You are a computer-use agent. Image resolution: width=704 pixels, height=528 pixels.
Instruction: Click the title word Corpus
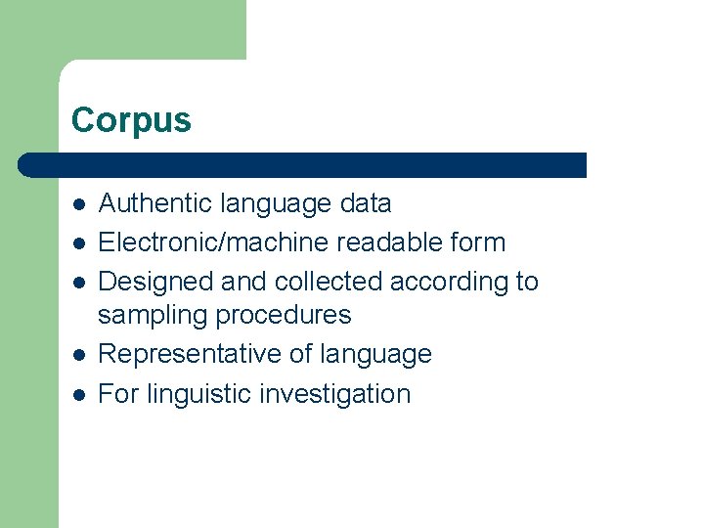(x=131, y=120)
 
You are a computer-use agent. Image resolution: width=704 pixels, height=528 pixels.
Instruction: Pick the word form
(x=479, y=242)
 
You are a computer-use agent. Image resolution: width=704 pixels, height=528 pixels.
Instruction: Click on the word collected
(x=329, y=282)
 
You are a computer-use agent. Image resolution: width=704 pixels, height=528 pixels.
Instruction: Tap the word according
(x=449, y=282)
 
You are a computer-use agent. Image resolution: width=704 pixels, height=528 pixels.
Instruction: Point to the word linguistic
(x=198, y=394)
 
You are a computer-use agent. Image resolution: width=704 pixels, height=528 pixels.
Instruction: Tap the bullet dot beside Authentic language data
(x=79, y=204)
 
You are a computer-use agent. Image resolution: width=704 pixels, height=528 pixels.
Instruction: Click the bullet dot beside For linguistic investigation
(x=79, y=395)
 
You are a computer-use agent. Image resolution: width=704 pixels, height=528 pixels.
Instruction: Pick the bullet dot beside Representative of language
(x=79, y=355)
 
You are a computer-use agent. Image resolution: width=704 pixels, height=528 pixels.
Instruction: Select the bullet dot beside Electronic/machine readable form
(x=79, y=243)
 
